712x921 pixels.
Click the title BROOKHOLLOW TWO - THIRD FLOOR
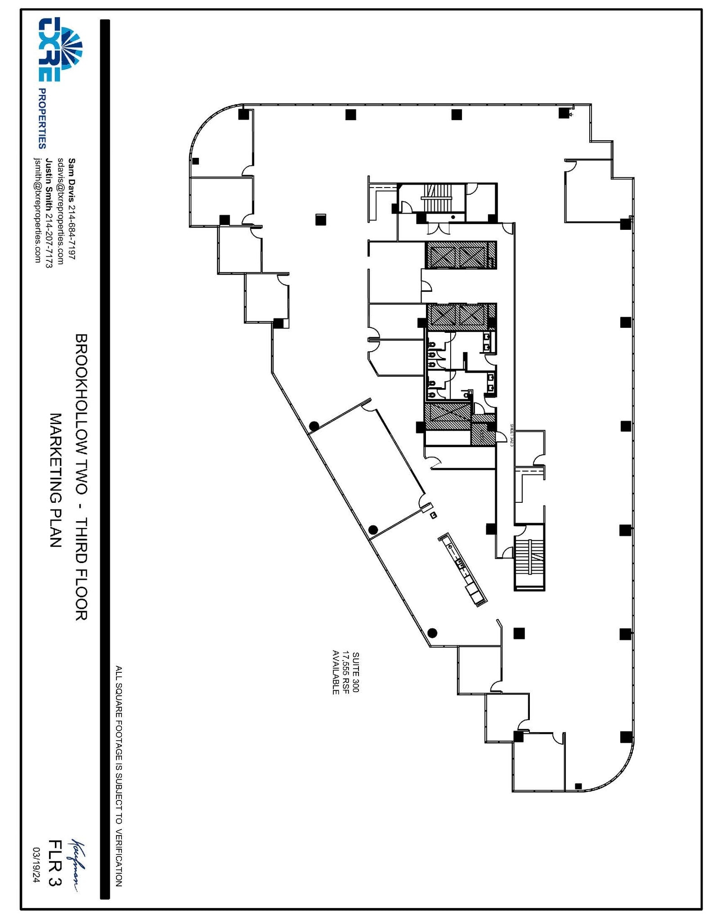point(81,477)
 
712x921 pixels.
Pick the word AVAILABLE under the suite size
point(336,672)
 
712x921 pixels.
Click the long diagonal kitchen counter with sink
point(463,569)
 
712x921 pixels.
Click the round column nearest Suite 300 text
point(432,633)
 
